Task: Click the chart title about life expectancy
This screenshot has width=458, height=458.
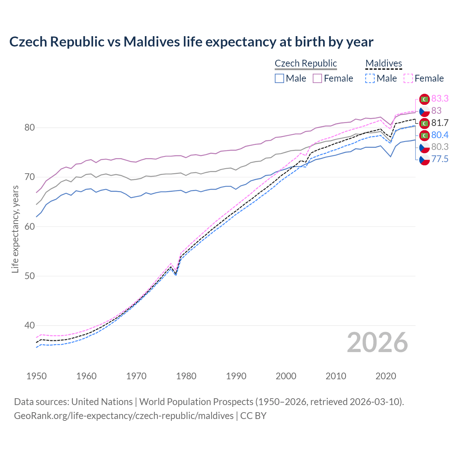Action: pyautogui.click(x=191, y=42)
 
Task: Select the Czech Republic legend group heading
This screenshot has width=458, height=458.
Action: pyautogui.click(x=306, y=63)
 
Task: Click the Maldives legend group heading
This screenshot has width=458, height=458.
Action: pyautogui.click(x=384, y=63)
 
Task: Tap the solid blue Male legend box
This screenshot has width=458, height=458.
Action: pyautogui.click(x=279, y=78)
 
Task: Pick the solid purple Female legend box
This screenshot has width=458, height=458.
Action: pyautogui.click(x=317, y=78)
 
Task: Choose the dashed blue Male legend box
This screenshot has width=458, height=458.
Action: pyautogui.click(x=370, y=78)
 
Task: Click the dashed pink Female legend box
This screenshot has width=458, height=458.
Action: pyautogui.click(x=408, y=78)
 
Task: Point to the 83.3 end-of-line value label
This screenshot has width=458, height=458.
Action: pyautogui.click(x=440, y=98)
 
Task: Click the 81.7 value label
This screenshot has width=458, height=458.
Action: pyautogui.click(x=440, y=123)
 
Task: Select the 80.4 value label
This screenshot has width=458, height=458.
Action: pyautogui.click(x=440, y=135)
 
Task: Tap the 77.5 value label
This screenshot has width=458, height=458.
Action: pyautogui.click(x=440, y=159)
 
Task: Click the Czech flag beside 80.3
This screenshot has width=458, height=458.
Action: pyautogui.click(x=424, y=147)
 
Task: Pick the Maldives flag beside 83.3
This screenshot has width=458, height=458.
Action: pyautogui.click(x=424, y=99)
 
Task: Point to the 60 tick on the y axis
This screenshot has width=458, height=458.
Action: pyautogui.click(x=29, y=226)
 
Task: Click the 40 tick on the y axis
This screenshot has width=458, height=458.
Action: pyautogui.click(x=29, y=325)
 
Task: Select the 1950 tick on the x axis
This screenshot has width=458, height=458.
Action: pyautogui.click(x=36, y=376)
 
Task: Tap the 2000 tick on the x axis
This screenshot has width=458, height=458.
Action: pyautogui.click(x=286, y=376)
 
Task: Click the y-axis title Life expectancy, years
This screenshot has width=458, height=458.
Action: pyautogui.click(x=15, y=229)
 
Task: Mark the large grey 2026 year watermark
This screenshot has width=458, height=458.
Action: pyautogui.click(x=377, y=342)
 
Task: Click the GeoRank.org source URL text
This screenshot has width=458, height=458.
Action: pyautogui.click(x=124, y=415)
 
